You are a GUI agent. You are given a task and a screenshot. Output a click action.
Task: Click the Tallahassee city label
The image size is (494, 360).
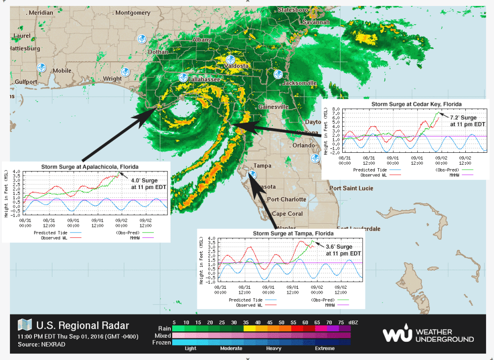(x=204, y=79)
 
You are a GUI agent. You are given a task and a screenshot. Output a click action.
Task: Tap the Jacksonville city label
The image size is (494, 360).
(x=299, y=83)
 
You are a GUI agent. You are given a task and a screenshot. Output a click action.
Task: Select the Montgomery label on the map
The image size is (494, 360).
(x=134, y=13)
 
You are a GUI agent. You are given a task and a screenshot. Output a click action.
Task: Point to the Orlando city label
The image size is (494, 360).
(x=303, y=145)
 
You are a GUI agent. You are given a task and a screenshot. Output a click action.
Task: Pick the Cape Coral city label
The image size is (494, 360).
(x=287, y=214)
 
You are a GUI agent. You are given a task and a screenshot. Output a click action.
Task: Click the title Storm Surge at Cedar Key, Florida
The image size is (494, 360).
(x=416, y=104)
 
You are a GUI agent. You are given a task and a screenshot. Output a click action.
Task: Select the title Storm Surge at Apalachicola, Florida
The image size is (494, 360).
(x=90, y=166)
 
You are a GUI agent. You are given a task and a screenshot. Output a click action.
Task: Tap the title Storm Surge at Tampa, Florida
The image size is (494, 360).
(x=293, y=233)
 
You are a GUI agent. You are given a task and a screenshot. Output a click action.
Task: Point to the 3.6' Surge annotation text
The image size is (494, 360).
(x=339, y=246)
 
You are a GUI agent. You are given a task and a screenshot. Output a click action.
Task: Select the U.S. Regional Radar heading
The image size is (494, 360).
(x=83, y=325)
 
